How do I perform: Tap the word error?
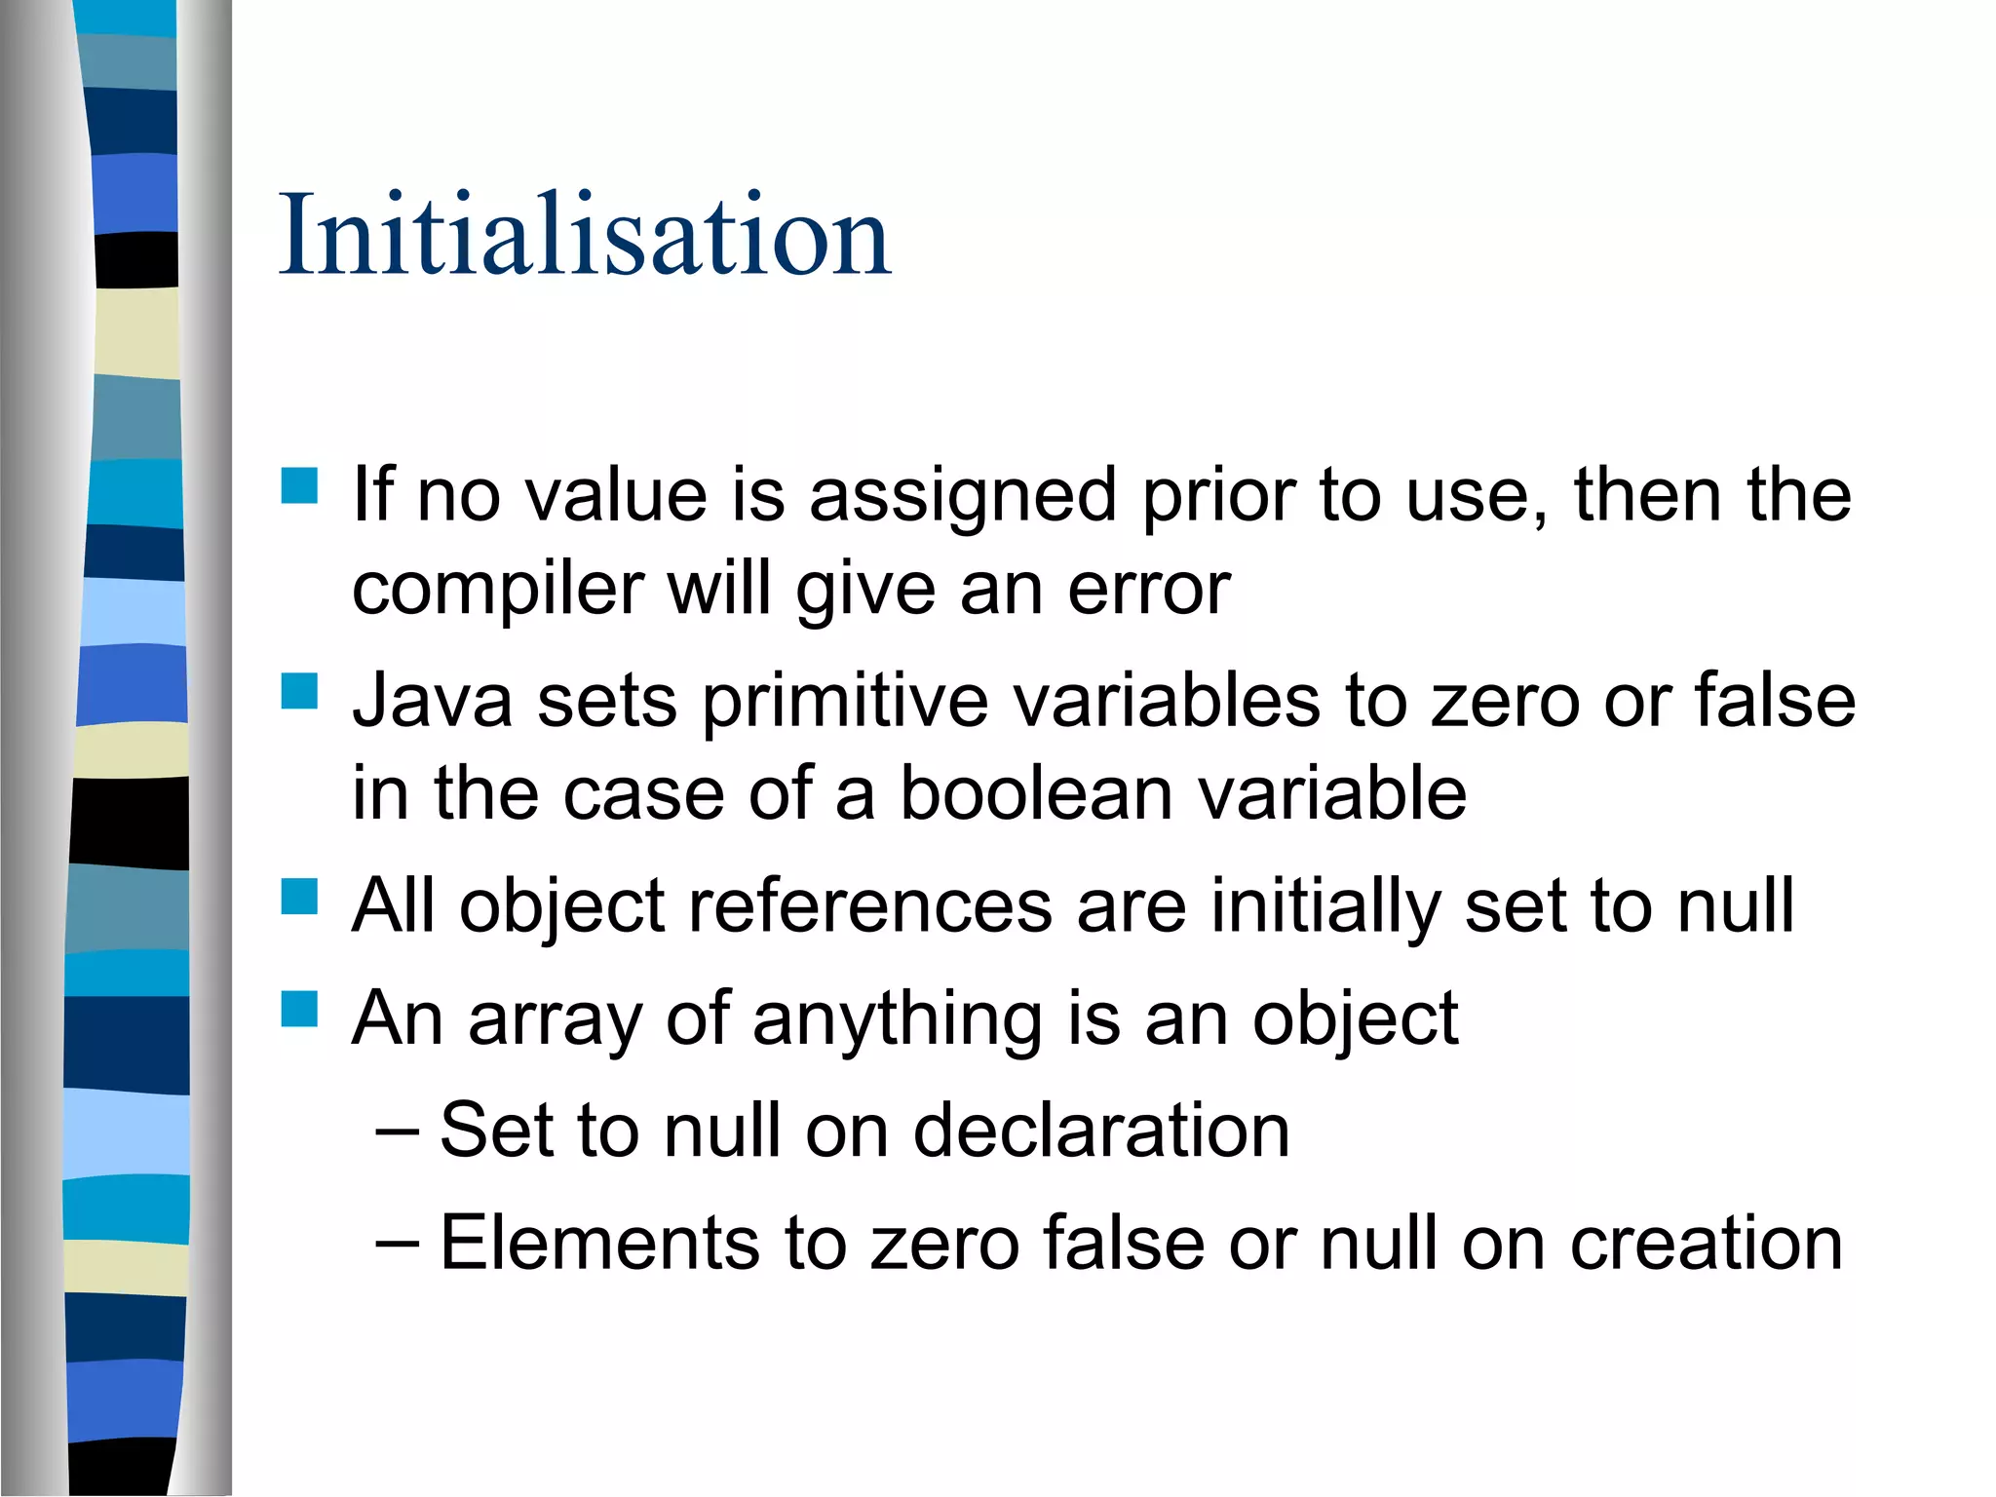1149,591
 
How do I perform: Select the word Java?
432,700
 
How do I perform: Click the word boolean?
1035,793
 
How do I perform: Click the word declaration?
1101,1131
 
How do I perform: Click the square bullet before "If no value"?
299,485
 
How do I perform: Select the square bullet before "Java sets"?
299,691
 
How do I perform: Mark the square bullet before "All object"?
299,897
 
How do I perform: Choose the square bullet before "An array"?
299,1010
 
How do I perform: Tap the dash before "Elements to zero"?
398,1245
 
